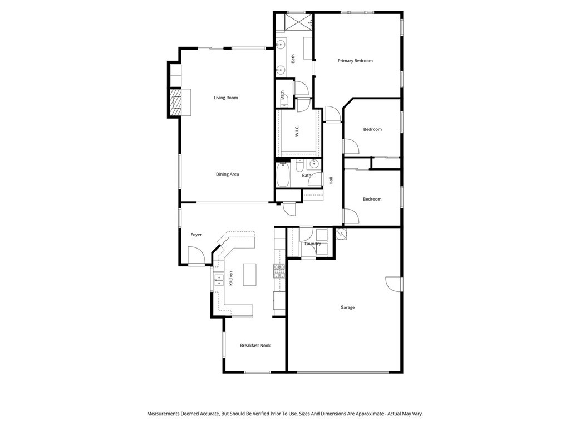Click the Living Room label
point(225,98)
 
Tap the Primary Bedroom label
point(355,61)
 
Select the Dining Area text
point(227,174)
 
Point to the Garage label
point(347,307)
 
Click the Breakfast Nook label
point(255,346)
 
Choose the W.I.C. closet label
point(297,131)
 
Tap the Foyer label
point(196,235)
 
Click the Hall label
point(331,181)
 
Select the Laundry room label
point(312,244)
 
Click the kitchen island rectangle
point(250,274)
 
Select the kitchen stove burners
point(279,270)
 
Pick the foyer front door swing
point(196,256)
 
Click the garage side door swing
point(393,283)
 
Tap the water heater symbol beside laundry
point(341,235)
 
